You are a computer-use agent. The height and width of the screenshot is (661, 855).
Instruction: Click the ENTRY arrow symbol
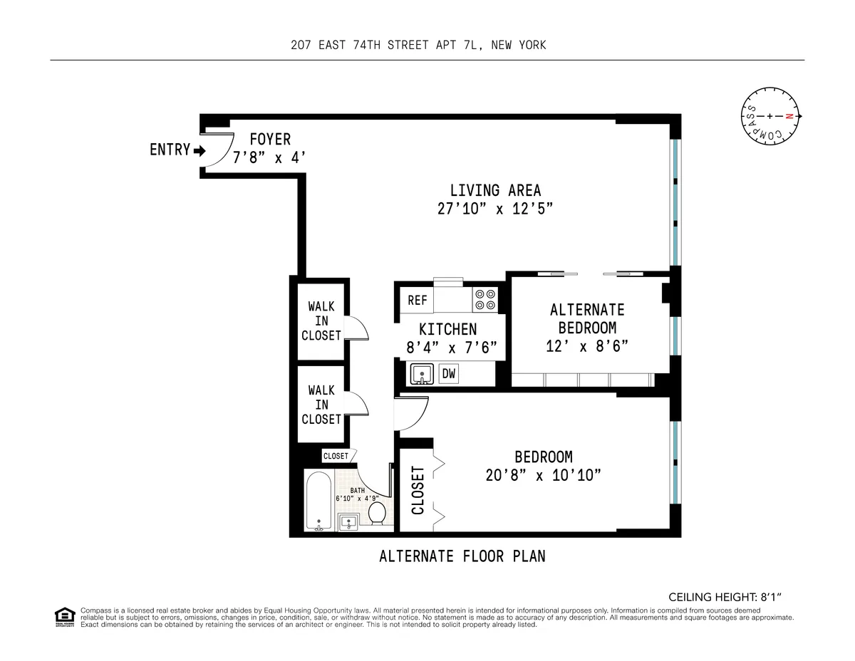(199, 151)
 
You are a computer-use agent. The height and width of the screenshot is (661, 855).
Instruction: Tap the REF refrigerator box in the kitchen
(418, 300)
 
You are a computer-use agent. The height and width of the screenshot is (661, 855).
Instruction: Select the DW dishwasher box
(449, 373)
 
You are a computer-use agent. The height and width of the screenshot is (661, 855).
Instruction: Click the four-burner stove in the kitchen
(485, 299)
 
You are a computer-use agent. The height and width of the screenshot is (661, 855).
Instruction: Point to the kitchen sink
(422, 373)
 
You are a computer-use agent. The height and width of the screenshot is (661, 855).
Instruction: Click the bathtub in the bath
(318, 503)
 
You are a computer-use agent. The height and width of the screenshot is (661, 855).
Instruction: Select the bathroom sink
(348, 522)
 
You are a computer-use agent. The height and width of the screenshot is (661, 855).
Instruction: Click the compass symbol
(770, 116)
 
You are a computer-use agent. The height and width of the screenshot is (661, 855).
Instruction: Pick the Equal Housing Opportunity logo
(64, 617)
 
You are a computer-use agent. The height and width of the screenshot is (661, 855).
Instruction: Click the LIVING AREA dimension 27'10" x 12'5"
(495, 209)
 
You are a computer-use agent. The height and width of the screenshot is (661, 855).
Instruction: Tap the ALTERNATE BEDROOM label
(587, 318)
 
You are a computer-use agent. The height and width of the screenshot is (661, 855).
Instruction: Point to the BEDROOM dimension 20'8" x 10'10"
(543, 476)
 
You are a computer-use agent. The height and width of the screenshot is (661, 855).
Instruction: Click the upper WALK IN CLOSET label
(321, 321)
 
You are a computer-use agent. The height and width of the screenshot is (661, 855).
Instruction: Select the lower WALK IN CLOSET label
(321, 405)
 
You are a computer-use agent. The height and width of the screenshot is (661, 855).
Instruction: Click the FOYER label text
(270, 140)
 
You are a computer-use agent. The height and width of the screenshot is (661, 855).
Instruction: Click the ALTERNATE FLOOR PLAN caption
(462, 556)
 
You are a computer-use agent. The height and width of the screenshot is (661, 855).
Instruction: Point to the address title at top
(418, 46)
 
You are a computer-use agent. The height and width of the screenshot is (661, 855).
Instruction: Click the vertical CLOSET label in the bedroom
(418, 490)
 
